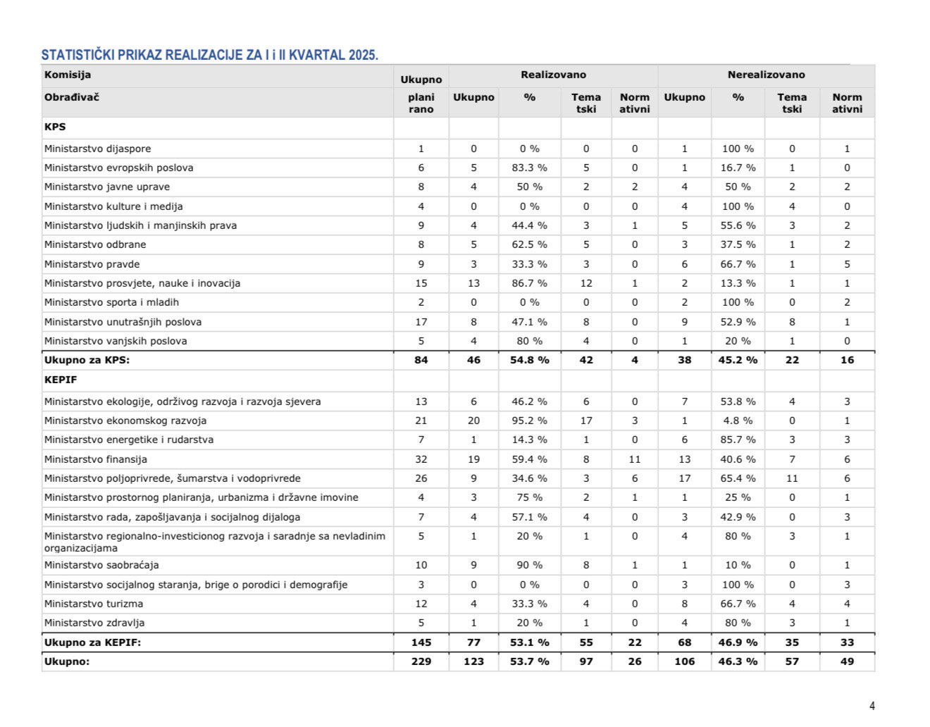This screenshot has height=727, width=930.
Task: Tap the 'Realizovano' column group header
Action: (553, 75)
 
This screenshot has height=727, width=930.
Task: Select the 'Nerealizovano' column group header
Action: (766, 75)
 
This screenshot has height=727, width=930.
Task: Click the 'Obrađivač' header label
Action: (72, 97)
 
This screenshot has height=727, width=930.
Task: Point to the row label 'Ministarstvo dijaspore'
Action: (97, 149)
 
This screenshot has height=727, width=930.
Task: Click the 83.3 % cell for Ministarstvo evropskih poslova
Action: (529, 168)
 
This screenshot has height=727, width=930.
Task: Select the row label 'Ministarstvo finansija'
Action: (96, 459)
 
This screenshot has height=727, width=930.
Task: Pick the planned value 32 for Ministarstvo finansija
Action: (421, 459)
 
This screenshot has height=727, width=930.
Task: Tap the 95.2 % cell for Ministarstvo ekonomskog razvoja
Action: (529, 421)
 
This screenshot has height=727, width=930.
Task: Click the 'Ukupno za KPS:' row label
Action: (87, 360)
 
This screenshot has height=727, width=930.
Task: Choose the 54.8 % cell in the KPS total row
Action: (530, 360)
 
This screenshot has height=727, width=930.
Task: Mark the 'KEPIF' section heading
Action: (61, 380)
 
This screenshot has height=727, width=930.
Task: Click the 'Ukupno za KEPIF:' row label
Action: (92, 642)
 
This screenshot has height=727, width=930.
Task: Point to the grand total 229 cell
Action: (421, 661)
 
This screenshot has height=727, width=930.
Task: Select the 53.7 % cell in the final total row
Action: (530, 661)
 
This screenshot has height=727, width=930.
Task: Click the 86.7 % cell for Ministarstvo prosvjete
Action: (529, 283)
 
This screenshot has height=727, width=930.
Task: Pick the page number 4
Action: (872, 706)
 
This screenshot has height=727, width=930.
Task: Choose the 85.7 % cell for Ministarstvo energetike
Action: (738, 440)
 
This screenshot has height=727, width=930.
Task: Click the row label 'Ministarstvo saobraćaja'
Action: (101, 565)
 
